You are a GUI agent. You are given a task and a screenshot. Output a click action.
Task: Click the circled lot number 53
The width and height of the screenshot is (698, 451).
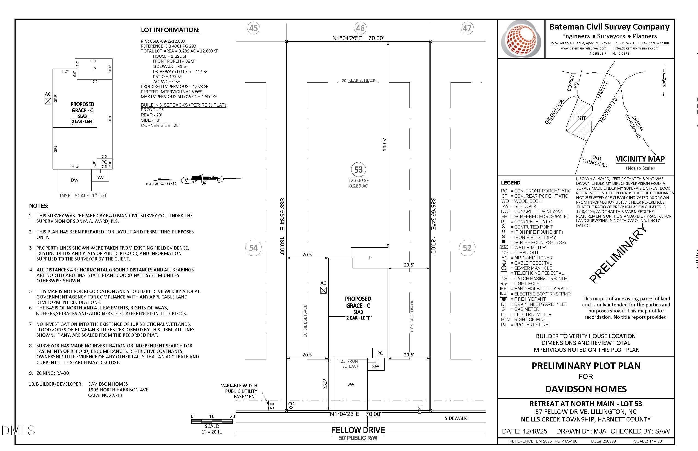click(358, 169)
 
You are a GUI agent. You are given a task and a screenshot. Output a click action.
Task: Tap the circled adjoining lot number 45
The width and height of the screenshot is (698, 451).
click(253, 28)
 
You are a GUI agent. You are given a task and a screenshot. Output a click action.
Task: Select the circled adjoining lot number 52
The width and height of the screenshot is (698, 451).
click(467, 248)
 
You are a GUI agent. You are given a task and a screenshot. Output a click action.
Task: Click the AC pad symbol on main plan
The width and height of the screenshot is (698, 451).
click(323, 290)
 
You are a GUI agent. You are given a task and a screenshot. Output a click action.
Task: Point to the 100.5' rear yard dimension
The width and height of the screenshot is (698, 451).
click(385, 145)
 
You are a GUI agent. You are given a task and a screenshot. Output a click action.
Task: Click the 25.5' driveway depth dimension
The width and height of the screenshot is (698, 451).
click(325, 384)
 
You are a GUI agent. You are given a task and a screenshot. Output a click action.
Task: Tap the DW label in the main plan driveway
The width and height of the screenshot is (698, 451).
click(350, 384)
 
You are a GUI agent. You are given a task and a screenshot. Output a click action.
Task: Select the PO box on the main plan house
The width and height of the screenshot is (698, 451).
click(380, 353)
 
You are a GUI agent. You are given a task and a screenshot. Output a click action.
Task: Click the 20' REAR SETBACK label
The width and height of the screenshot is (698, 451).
click(358, 80)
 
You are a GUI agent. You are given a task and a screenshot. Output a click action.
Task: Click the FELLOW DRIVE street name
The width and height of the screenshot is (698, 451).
click(358, 430)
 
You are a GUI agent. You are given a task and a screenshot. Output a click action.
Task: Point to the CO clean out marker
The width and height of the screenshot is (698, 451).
click(291, 405)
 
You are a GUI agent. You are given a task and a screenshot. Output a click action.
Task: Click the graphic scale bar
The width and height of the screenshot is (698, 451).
click(212, 421)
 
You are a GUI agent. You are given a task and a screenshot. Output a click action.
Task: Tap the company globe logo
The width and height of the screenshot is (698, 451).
click(521, 39)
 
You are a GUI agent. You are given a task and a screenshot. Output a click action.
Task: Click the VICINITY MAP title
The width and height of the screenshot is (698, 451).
click(640, 159)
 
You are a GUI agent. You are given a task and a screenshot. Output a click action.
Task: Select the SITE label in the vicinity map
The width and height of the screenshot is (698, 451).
click(581, 118)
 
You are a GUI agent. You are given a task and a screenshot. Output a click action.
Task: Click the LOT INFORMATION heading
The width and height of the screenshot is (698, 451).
click(170, 30)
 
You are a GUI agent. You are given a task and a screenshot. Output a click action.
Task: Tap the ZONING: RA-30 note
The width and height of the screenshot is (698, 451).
click(49, 373)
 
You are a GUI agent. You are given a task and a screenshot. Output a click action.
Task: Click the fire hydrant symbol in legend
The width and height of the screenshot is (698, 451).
click(504, 299)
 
